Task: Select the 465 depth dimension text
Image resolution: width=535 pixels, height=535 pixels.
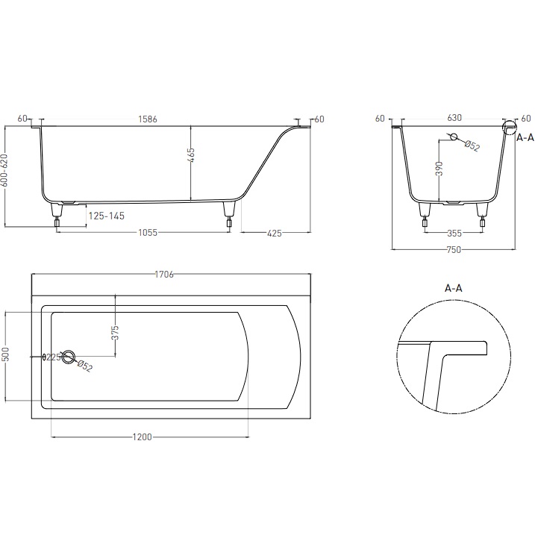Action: click(191, 156)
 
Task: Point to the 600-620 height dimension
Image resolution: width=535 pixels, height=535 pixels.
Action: click(5, 175)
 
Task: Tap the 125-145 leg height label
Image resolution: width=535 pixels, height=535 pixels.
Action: click(106, 216)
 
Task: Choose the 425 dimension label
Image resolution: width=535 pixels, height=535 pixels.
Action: click(274, 234)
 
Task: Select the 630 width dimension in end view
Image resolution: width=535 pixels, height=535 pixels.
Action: click(454, 119)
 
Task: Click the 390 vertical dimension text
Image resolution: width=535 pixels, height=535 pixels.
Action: click(439, 170)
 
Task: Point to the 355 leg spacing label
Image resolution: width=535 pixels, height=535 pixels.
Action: click(454, 234)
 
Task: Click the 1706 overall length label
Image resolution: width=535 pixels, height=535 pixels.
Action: click(164, 275)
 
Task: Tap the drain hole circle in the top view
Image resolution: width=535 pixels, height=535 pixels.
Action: click(69, 357)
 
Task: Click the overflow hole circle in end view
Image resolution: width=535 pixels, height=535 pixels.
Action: click(451, 137)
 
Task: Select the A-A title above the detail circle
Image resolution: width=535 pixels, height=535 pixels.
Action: click(454, 287)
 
